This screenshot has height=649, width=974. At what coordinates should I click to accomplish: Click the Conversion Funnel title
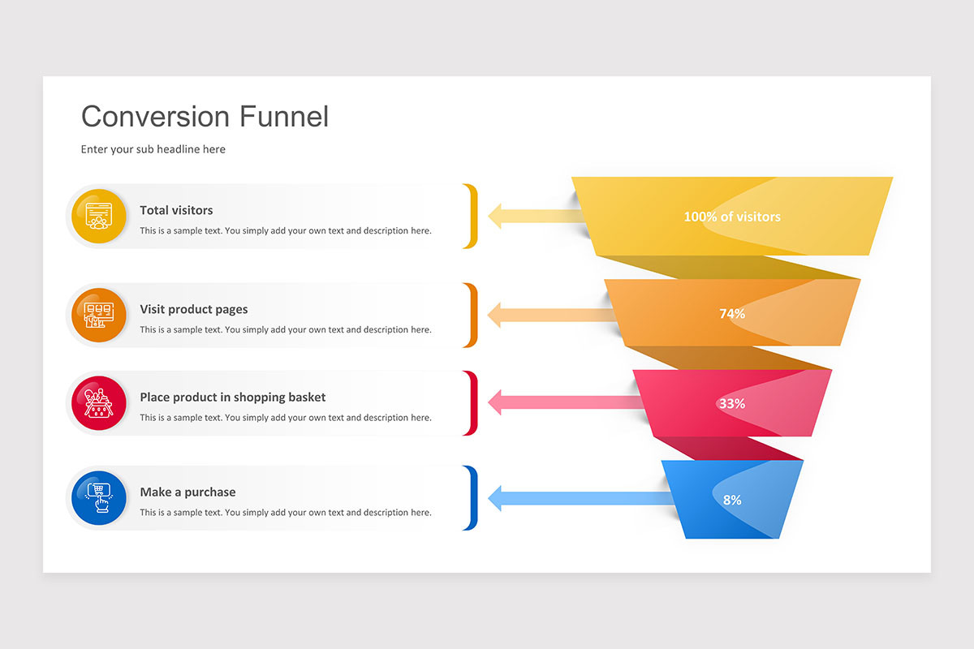pos(205,117)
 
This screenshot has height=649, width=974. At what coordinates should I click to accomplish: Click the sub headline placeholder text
pos(153,149)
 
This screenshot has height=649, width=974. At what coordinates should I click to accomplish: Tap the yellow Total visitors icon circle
pos(98,216)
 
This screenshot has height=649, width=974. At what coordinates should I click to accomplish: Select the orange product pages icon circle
pos(98,315)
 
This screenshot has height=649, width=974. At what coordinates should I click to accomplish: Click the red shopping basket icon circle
pos(98,403)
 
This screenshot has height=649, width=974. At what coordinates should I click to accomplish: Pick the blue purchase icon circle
pos(98,497)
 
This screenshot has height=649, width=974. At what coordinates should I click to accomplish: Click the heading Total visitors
pos(176,210)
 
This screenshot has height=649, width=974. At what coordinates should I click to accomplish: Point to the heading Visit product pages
pos(193,309)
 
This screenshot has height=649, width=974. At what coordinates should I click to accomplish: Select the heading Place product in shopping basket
pos(232,397)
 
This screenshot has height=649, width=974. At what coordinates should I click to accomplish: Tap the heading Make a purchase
pos(187,492)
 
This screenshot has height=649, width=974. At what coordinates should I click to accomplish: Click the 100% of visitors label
pos(731,217)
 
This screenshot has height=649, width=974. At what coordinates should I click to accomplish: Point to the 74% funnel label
pos(731,313)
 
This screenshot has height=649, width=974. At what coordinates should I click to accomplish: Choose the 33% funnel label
pos(731,403)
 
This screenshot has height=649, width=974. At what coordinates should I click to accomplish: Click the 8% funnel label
pos(731,500)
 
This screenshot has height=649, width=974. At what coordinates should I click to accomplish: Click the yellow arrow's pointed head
pos(496,216)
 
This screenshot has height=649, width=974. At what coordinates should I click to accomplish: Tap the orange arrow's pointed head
pos(496,315)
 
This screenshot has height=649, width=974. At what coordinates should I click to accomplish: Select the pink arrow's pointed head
pos(496,402)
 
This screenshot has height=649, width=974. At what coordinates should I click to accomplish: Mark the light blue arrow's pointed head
pos(496,498)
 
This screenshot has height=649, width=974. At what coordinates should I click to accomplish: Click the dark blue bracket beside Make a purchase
pos(473,498)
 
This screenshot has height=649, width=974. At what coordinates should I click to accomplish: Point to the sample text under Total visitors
pos(285,230)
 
